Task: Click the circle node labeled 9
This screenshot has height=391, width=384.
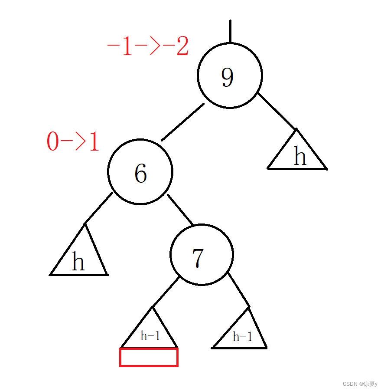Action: point(230,76)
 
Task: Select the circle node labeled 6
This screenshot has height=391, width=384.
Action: point(140,172)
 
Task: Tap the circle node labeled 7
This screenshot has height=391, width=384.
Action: point(202,255)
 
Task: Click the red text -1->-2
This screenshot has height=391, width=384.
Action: point(147,47)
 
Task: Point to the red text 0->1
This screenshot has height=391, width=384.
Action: point(73,142)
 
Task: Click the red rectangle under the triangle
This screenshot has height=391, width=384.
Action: point(149,357)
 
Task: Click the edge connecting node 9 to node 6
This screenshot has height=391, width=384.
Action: point(182,122)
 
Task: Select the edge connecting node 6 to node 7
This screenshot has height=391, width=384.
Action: point(180,210)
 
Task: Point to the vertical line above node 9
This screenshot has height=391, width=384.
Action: point(230,31)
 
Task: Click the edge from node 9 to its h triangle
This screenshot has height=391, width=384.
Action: point(277,111)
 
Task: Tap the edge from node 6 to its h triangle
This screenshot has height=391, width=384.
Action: point(98,208)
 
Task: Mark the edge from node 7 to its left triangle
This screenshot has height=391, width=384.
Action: point(166,292)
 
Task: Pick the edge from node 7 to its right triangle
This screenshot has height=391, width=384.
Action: point(238,289)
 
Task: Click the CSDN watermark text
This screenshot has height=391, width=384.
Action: point(360,384)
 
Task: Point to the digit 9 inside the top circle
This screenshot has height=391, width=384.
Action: point(227,77)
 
